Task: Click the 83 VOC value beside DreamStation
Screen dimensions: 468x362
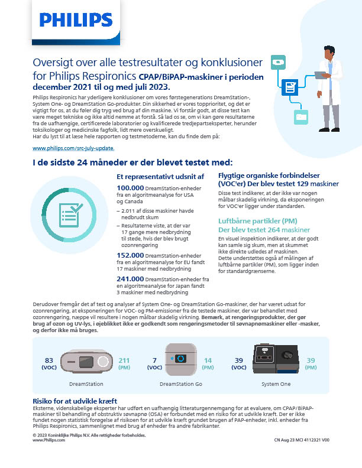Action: coord(49,360)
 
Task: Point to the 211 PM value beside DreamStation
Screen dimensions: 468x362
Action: coord(124,360)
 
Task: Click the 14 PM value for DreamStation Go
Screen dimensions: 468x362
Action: coord(208,360)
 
